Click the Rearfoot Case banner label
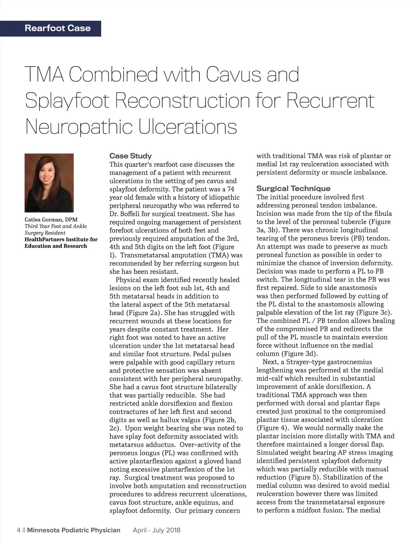click(57, 28)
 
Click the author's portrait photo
click(49, 183)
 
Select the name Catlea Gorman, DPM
click(51, 220)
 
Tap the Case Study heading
click(131, 156)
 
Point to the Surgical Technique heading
click(293, 188)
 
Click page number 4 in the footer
click(18, 530)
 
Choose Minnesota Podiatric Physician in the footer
click(73, 530)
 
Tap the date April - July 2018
click(156, 530)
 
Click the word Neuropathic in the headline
click(80, 127)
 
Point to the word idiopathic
click(223, 198)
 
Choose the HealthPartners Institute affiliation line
click(61, 240)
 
